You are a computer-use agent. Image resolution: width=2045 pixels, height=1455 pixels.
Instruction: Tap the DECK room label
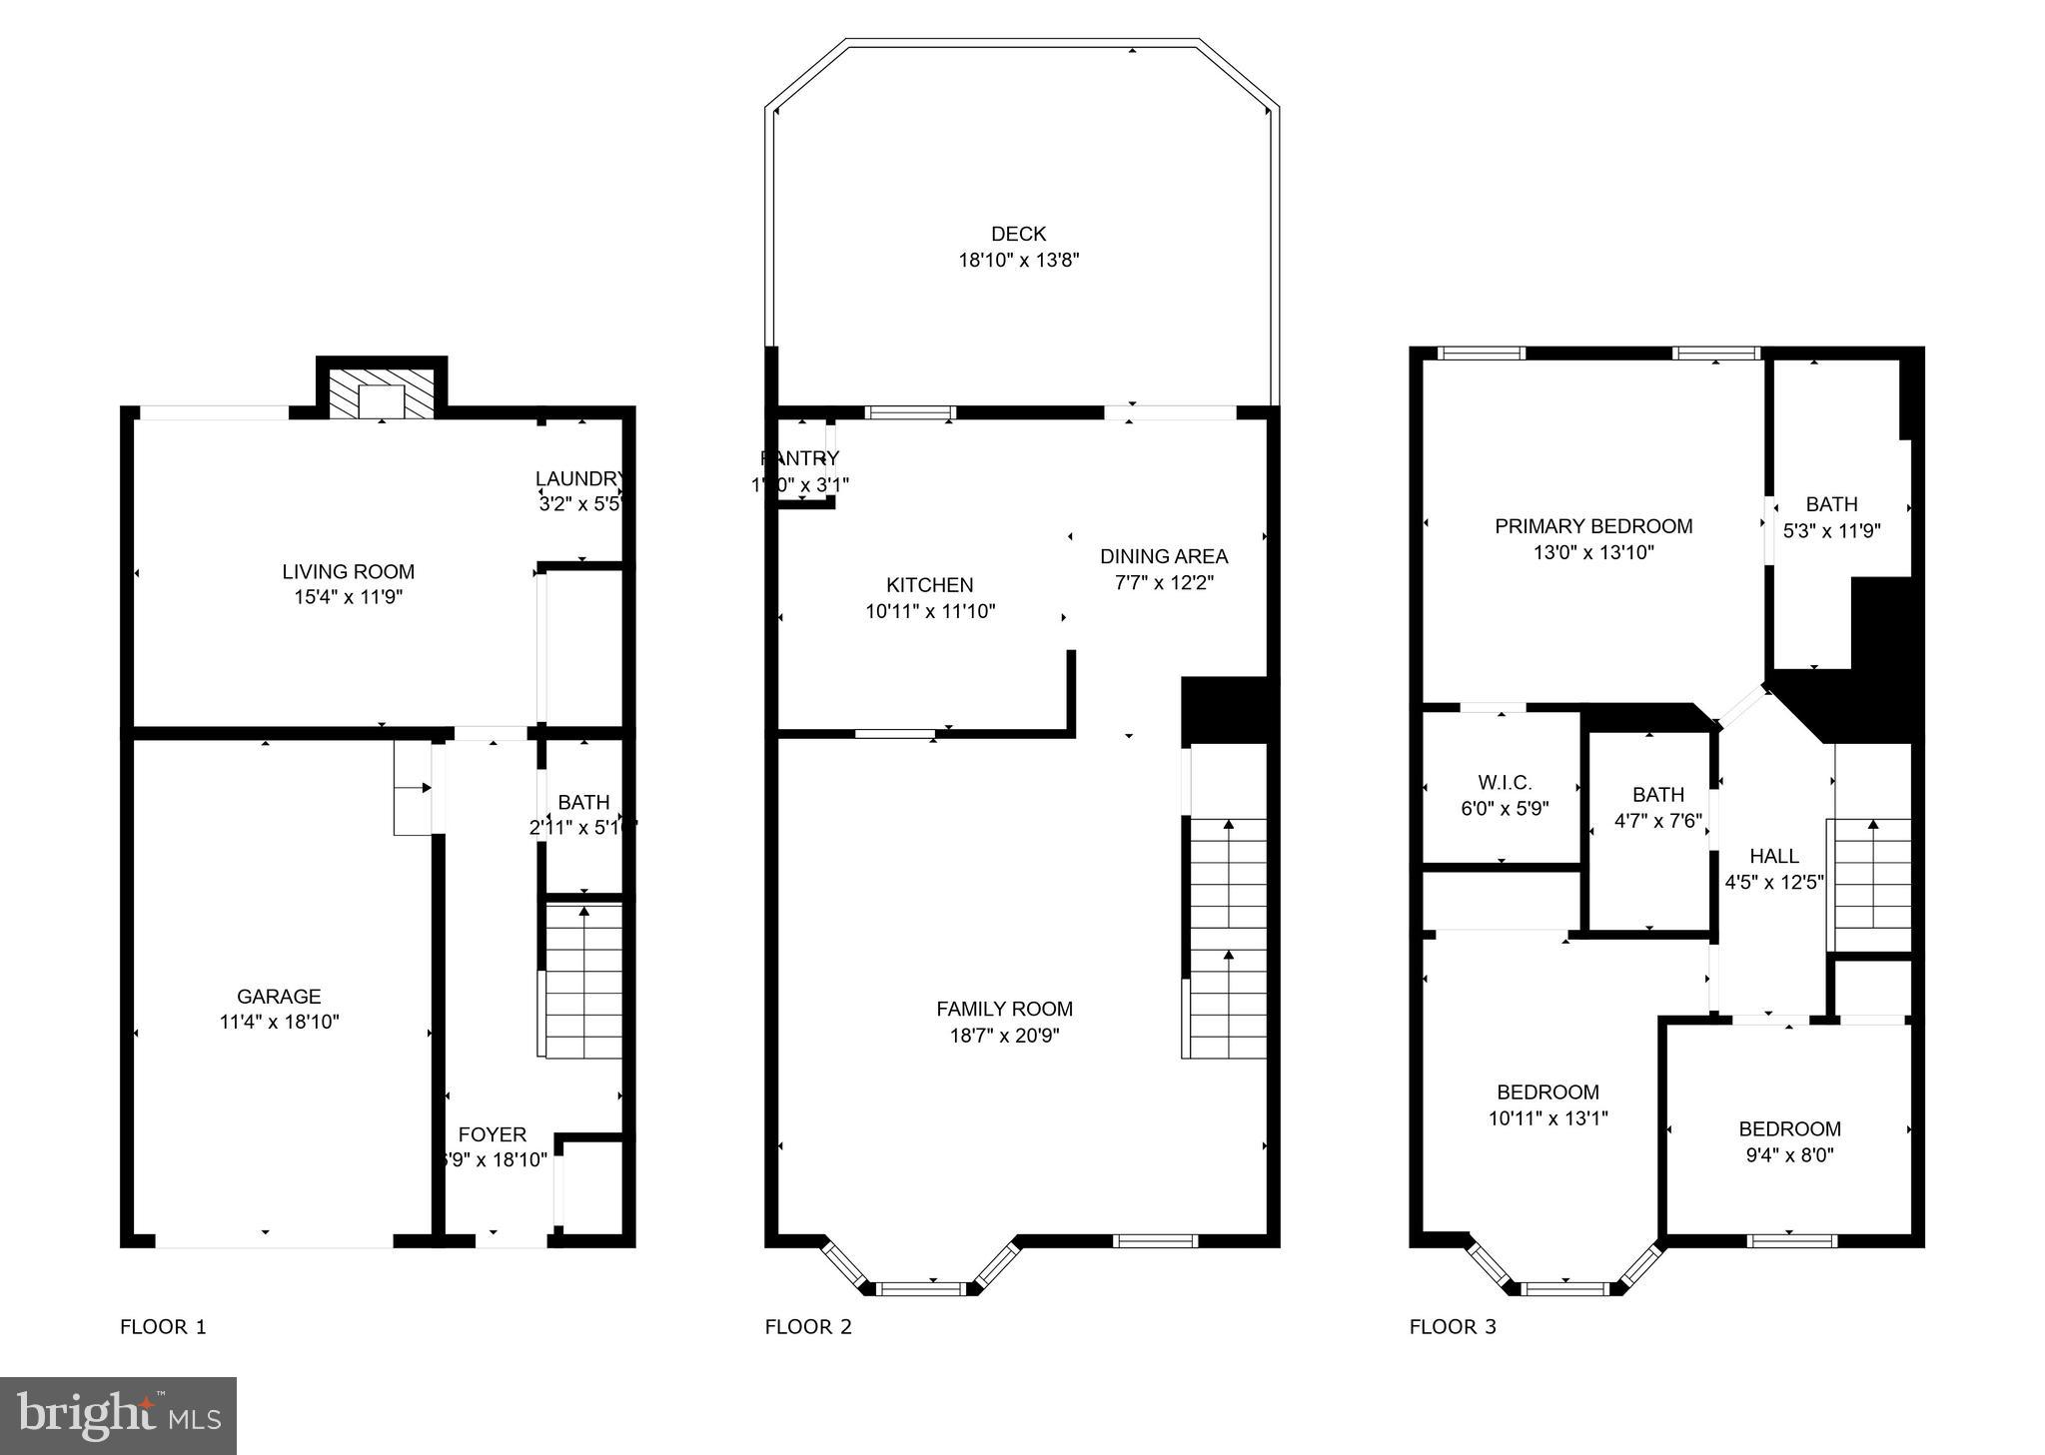pyautogui.click(x=1018, y=234)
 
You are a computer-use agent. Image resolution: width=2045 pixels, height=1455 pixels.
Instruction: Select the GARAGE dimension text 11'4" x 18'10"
pyautogui.click(x=279, y=1022)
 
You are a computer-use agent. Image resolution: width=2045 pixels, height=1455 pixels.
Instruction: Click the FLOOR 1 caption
pyautogui.click(x=163, y=1327)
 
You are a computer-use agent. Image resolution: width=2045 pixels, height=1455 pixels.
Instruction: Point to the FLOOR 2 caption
pyautogui.click(x=808, y=1327)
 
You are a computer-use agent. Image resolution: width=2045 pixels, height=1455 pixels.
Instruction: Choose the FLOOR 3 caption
pyautogui.click(x=1453, y=1327)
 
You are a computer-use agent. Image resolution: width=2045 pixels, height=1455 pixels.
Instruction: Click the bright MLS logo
pyautogui.click(x=118, y=1415)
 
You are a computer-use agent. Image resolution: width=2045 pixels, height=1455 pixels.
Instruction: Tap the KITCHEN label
pyautogui.click(x=929, y=585)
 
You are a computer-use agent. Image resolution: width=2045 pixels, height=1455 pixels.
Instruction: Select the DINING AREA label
pyautogui.click(x=1164, y=556)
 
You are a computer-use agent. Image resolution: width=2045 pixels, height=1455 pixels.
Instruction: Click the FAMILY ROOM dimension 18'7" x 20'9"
pyautogui.click(x=1004, y=1036)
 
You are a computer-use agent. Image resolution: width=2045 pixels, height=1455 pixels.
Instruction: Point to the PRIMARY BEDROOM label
pyautogui.click(x=1593, y=526)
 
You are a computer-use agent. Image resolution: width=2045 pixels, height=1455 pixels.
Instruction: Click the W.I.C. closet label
pyautogui.click(x=1505, y=783)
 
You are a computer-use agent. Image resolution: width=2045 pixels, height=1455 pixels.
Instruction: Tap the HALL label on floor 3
pyautogui.click(x=1774, y=856)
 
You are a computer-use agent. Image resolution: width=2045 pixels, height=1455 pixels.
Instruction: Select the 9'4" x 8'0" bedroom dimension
pyautogui.click(x=1789, y=1155)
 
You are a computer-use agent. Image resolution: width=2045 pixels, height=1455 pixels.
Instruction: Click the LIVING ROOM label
pyautogui.click(x=348, y=572)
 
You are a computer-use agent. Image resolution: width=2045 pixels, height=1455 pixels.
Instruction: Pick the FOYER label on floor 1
pyautogui.click(x=492, y=1134)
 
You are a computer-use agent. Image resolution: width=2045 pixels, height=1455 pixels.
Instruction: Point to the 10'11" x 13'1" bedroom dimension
pyautogui.click(x=1547, y=1118)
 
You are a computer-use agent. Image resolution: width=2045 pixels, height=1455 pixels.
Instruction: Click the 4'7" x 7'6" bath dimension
pyautogui.click(x=1657, y=821)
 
